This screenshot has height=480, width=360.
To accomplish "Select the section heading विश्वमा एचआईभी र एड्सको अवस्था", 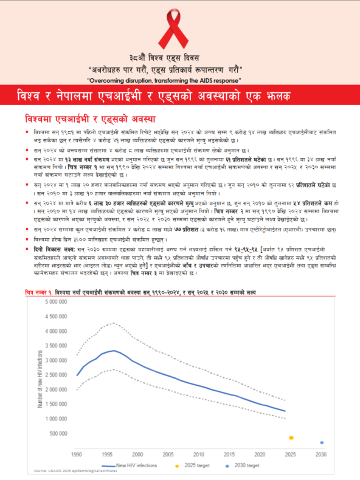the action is click(91, 118).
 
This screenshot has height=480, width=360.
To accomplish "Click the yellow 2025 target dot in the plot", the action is click(291, 437).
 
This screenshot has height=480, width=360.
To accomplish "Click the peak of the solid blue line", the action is click(113, 351).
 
